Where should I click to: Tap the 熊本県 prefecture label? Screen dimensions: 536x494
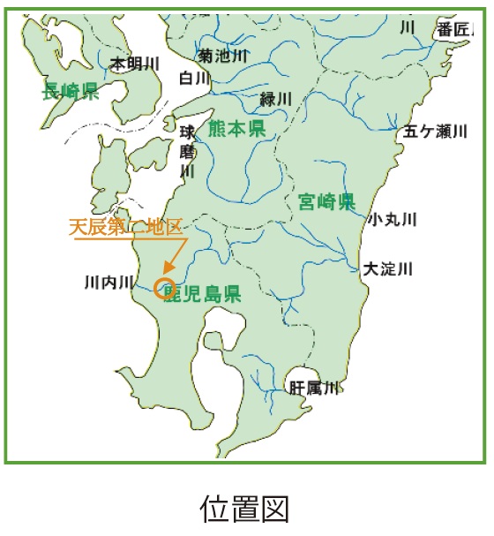click(x=236, y=130)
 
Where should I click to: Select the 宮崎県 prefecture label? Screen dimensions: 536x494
click(x=326, y=201)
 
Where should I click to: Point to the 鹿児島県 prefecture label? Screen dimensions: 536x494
click(x=206, y=293)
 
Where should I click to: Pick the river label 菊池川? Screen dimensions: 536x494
click(x=223, y=56)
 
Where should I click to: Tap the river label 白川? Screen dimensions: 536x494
click(x=195, y=79)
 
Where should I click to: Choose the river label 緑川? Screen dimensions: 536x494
click(x=276, y=99)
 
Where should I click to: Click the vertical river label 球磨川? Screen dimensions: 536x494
click(x=187, y=151)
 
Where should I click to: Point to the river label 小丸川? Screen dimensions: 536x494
click(x=393, y=219)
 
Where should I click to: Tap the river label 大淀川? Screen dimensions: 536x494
click(x=388, y=268)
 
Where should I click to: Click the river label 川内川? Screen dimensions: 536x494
click(x=109, y=283)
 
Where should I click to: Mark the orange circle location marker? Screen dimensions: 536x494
click(x=163, y=288)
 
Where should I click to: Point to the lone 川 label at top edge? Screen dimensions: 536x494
click(x=408, y=27)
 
